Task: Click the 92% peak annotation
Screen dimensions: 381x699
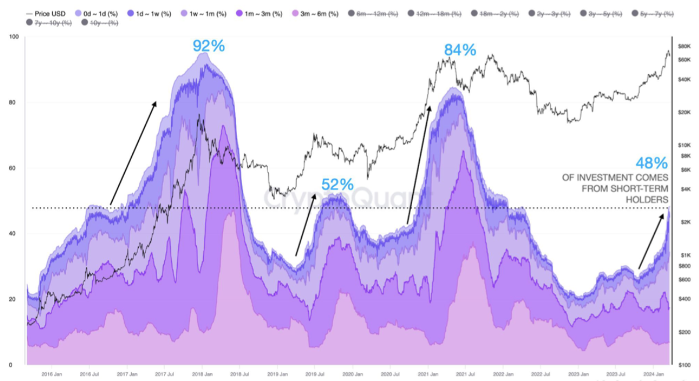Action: (x=208, y=46)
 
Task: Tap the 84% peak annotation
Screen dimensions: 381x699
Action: (x=460, y=50)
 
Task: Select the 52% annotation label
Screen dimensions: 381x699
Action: (x=337, y=184)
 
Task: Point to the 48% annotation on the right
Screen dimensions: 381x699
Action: (x=651, y=164)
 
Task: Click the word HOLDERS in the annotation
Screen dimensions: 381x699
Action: (x=651, y=199)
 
